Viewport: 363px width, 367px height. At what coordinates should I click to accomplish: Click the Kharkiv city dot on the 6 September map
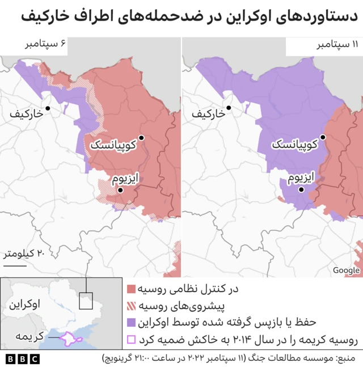48,108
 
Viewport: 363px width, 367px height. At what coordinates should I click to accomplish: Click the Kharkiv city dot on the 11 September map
229,108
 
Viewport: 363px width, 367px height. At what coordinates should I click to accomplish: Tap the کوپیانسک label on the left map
112,145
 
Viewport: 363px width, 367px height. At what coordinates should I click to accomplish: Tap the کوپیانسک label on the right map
294,145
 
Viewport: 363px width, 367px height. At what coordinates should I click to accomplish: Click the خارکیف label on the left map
27,114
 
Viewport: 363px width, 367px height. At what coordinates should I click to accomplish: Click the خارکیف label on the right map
208,114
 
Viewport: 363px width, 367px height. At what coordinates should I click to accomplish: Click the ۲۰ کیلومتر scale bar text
24,254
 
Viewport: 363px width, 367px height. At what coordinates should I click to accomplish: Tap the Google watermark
346,271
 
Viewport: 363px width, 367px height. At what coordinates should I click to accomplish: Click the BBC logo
23,359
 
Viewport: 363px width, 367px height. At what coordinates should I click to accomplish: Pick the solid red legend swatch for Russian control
131,289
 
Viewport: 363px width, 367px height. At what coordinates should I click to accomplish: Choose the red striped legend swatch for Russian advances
131,306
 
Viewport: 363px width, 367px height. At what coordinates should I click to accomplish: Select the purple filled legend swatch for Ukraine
131,323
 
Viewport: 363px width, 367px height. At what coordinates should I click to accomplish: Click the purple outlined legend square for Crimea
131,340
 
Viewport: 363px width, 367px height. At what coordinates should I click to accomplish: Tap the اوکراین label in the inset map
24,304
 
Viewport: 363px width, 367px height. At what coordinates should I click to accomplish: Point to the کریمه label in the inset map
29,336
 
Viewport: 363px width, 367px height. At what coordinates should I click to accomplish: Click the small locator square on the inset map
86,301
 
